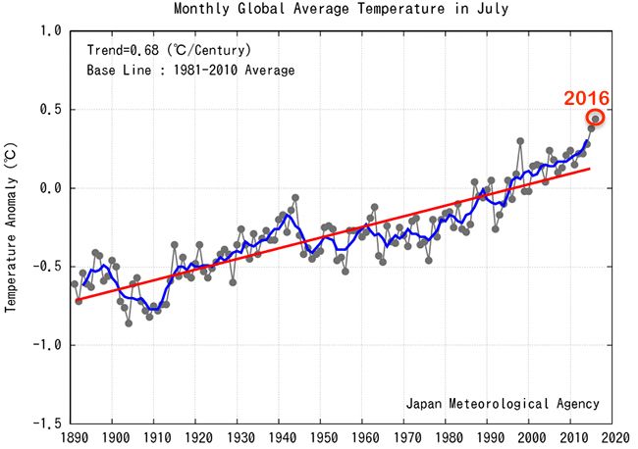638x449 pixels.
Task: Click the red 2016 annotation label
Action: pyautogui.click(x=586, y=98)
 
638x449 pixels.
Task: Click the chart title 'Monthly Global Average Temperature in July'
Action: pyautogui.click(x=343, y=10)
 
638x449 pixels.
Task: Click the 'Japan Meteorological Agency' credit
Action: pyautogui.click(x=502, y=403)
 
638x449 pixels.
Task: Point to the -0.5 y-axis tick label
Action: pyautogui.click(x=47, y=267)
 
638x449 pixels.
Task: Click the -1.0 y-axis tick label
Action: pyautogui.click(x=47, y=345)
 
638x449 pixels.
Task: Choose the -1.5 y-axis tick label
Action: pyautogui.click(x=47, y=424)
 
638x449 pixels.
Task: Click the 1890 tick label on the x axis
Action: pyautogui.click(x=73, y=437)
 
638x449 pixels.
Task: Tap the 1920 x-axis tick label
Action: pyautogui.click(x=197, y=437)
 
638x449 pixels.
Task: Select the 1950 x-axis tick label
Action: pyautogui.click(x=322, y=437)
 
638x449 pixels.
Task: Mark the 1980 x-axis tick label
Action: pyautogui.click(x=447, y=437)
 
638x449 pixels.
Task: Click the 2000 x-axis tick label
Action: pyautogui.click(x=530, y=437)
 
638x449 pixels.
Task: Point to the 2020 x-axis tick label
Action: pyautogui.click(x=613, y=437)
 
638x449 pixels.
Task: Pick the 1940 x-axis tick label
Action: pyautogui.click(x=281, y=437)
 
